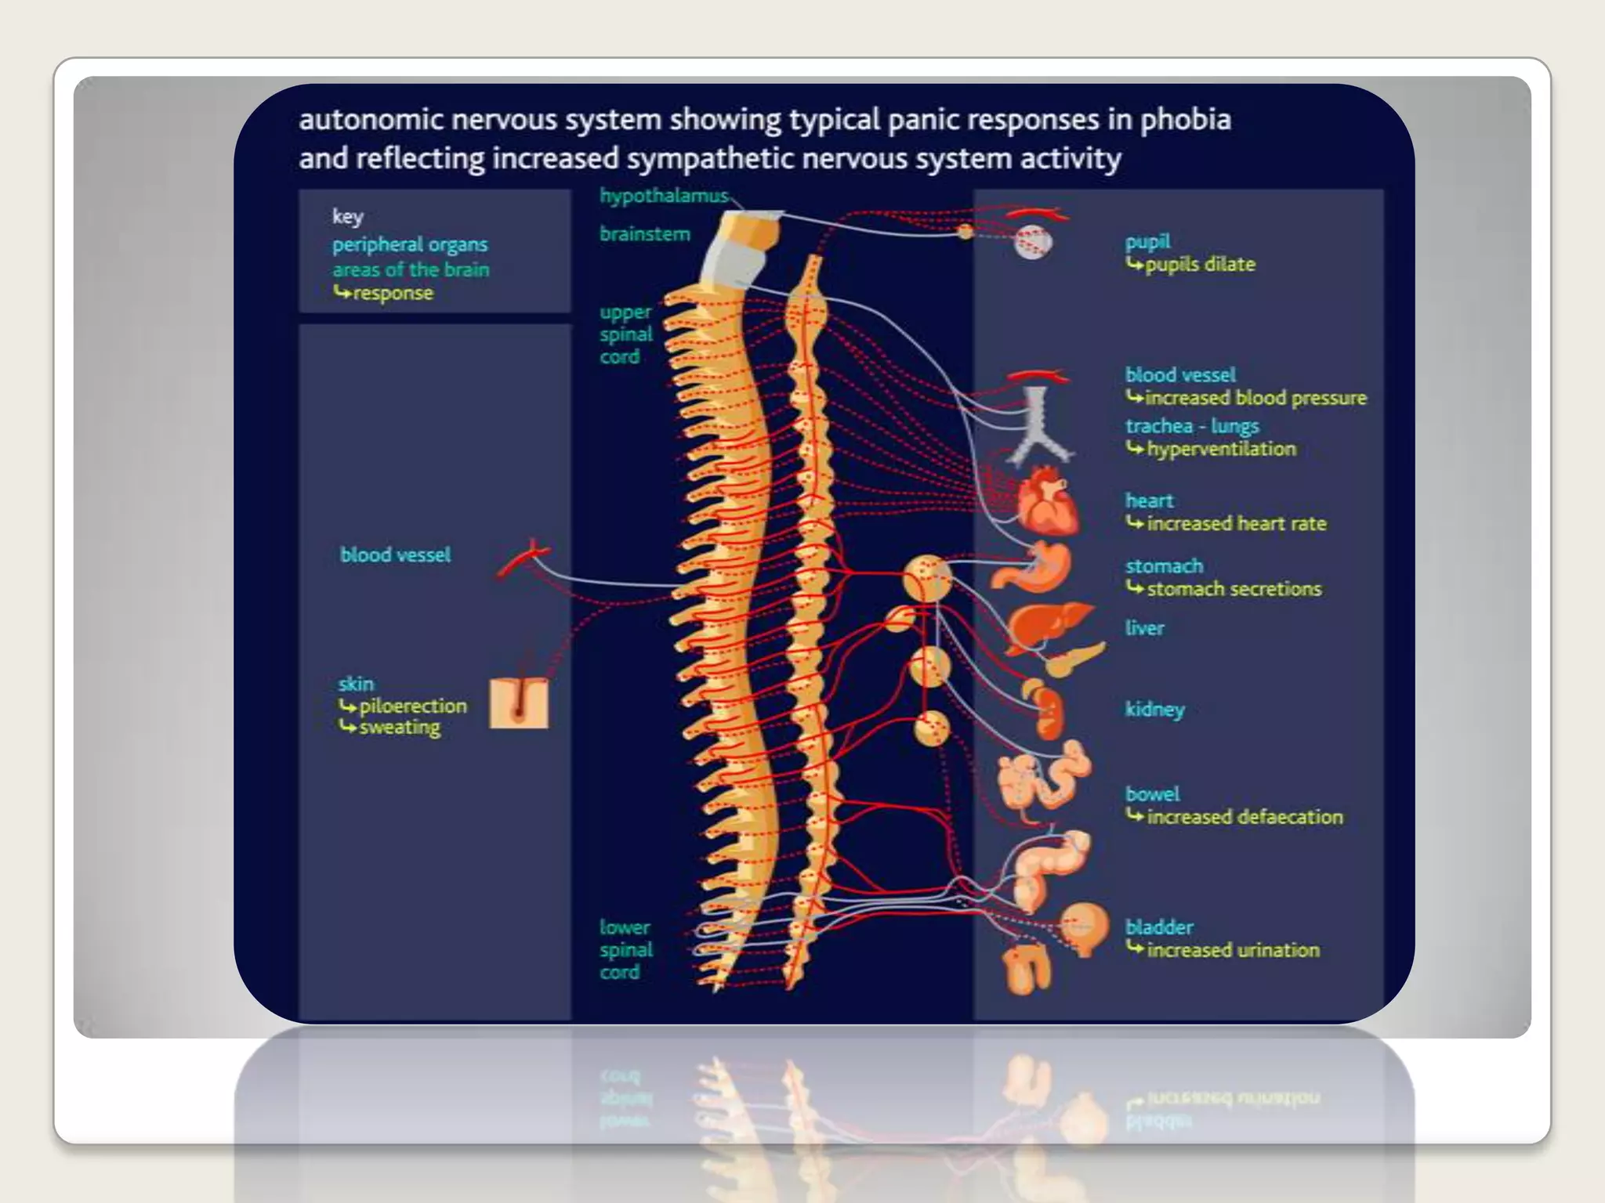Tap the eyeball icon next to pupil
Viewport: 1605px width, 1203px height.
click(1031, 242)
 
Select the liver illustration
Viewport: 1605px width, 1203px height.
click(1046, 624)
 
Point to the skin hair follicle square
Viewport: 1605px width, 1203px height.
click(518, 703)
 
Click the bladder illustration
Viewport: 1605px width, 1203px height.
click(1085, 928)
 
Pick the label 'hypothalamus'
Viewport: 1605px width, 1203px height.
click(664, 196)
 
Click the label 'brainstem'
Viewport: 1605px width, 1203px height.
click(645, 234)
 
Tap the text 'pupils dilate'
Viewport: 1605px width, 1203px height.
click(1200, 265)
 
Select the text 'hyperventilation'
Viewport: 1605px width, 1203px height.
click(1221, 449)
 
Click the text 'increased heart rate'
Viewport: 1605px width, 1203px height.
click(1236, 523)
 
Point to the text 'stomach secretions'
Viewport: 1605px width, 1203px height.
click(1234, 589)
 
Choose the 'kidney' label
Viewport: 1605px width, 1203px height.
click(1154, 709)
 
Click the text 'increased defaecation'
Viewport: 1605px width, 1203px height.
click(1245, 817)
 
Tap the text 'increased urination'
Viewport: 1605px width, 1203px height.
click(1233, 950)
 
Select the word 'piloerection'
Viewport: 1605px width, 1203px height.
click(412, 706)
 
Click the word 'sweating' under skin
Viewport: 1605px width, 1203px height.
click(400, 728)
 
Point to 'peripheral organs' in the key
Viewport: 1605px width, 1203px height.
click(409, 244)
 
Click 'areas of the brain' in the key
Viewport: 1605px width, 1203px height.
click(411, 269)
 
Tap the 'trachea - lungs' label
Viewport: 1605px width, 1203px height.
click(1192, 426)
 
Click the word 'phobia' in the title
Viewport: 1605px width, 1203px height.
click(1185, 120)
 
